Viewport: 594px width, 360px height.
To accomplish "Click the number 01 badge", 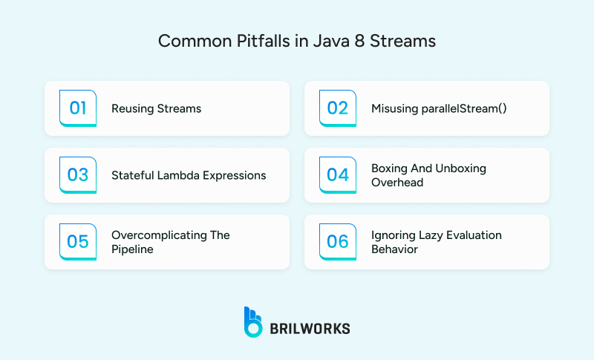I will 78,108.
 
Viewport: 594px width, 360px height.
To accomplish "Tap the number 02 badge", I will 338,108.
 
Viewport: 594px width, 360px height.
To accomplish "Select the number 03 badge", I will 78,175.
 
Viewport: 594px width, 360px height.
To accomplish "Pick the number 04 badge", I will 338,175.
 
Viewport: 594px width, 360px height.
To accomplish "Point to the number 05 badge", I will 78,242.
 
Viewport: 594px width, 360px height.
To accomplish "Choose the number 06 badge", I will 338,242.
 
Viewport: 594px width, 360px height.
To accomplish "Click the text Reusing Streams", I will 156,108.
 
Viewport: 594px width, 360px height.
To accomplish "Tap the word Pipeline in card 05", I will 133,249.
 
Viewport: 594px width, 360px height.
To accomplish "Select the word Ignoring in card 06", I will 394,235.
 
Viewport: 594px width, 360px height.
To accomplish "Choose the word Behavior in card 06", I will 394,249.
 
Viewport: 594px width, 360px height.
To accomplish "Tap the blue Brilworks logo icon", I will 253,321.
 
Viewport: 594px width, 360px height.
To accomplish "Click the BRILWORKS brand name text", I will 310,327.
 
